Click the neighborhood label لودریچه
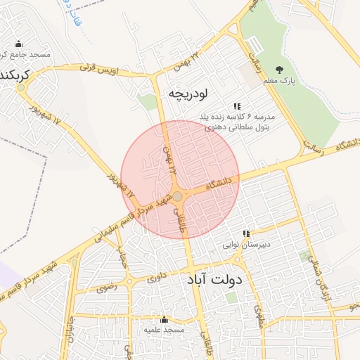pos(189,93)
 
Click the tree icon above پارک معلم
pos(280,70)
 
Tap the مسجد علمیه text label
pos(164,329)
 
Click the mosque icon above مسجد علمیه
pos(164,319)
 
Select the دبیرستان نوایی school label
pos(247,245)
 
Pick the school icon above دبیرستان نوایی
pos(246,233)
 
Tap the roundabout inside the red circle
pos(179,196)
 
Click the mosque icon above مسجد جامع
pos(18,44)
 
